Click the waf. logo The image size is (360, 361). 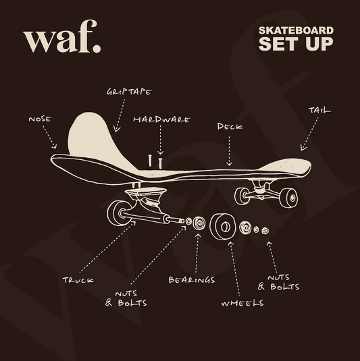[x=61, y=36]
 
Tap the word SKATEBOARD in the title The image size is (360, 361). [x=296, y=30]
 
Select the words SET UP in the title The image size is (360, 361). [x=296, y=43]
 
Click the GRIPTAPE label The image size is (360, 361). [x=129, y=92]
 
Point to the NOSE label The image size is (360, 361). [x=41, y=119]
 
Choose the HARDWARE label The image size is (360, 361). [x=161, y=119]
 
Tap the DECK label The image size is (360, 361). [x=230, y=126]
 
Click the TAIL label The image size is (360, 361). [x=319, y=110]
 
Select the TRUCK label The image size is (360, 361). [x=78, y=280]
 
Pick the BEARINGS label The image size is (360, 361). [x=192, y=280]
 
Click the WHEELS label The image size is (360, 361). [x=242, y=303]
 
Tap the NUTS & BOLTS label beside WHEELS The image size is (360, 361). [x=278, y=282]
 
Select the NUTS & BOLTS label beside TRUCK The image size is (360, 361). [x=126, y=298]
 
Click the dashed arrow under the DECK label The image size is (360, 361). [x=229, y=151]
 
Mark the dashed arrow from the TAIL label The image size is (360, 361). [x=309, y=134]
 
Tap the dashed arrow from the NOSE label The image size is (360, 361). [x=49, y=137]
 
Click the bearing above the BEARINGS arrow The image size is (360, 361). [x=199, y=223]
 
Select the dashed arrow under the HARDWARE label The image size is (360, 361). [x=160, y=140]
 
